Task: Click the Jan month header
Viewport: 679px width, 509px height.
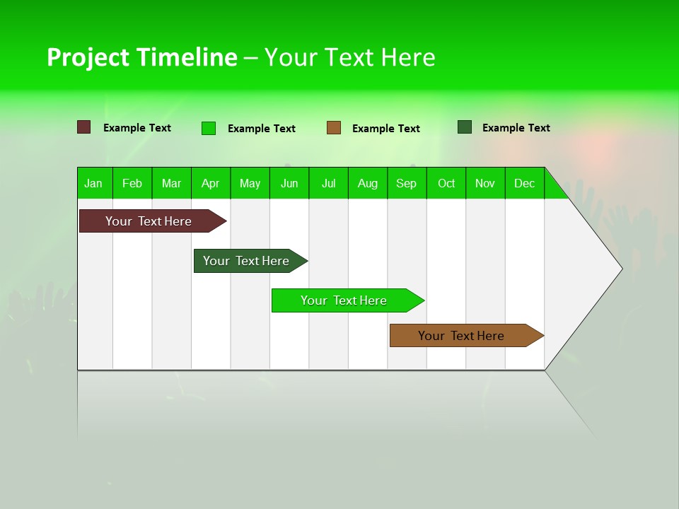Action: tap(94, 183)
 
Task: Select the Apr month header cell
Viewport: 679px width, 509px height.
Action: tap(211, 183)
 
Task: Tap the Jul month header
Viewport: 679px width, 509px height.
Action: tap(329, 183)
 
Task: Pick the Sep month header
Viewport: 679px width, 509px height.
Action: tap(407, 183)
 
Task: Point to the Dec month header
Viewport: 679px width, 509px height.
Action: tap(524, 183)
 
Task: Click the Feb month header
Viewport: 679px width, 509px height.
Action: tap(132, 183)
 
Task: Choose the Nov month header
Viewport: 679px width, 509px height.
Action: tap(485, 183)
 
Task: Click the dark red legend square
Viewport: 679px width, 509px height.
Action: tap(84, 127)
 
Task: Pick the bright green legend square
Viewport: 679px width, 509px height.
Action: tap(209, 128)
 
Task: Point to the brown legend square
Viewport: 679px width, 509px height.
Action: tap(334, 128)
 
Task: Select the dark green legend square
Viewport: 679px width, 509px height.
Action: tap(465, 127)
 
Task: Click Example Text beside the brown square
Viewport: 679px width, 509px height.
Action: tap(385, 129)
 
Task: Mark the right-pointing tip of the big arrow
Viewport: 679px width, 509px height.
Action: tap(620, 269)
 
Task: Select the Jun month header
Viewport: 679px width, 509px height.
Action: tap(289, 183)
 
